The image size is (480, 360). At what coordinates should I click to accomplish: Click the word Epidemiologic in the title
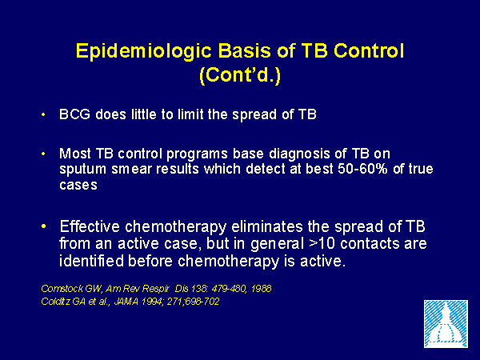point(144,52)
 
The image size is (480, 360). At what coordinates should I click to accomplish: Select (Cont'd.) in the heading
point(240,75)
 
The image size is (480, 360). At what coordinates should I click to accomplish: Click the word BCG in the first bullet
point(74,114)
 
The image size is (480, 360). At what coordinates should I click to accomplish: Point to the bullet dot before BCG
point(43,114)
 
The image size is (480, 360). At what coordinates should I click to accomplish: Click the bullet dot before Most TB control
point(43,154)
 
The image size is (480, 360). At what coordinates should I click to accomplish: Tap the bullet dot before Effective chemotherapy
point(43,226)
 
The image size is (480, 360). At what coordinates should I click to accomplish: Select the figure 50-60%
point(362,169)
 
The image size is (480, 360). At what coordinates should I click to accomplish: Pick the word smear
point(131,170)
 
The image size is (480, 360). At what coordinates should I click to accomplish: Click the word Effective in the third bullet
point(90,226)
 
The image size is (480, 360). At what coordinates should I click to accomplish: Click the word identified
point(91,261)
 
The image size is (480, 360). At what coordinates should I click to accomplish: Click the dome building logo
point(446,324)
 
